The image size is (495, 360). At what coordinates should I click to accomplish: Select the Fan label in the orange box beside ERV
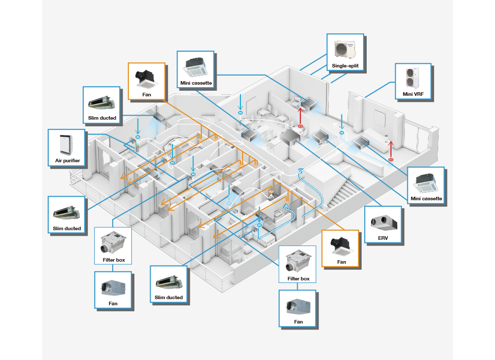pyautogui.click(x=341, y=262)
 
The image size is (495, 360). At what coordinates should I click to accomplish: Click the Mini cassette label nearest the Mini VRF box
pyautogui.click(x=427, y=199)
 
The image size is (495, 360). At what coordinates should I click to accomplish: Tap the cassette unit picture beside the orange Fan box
pyautogui.click(x=196, y=65)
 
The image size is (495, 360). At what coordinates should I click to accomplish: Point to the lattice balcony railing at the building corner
pyautogui.click(x=76, y=177)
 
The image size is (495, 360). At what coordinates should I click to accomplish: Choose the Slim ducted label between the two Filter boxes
pyautogui.click(x=169, y=297)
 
